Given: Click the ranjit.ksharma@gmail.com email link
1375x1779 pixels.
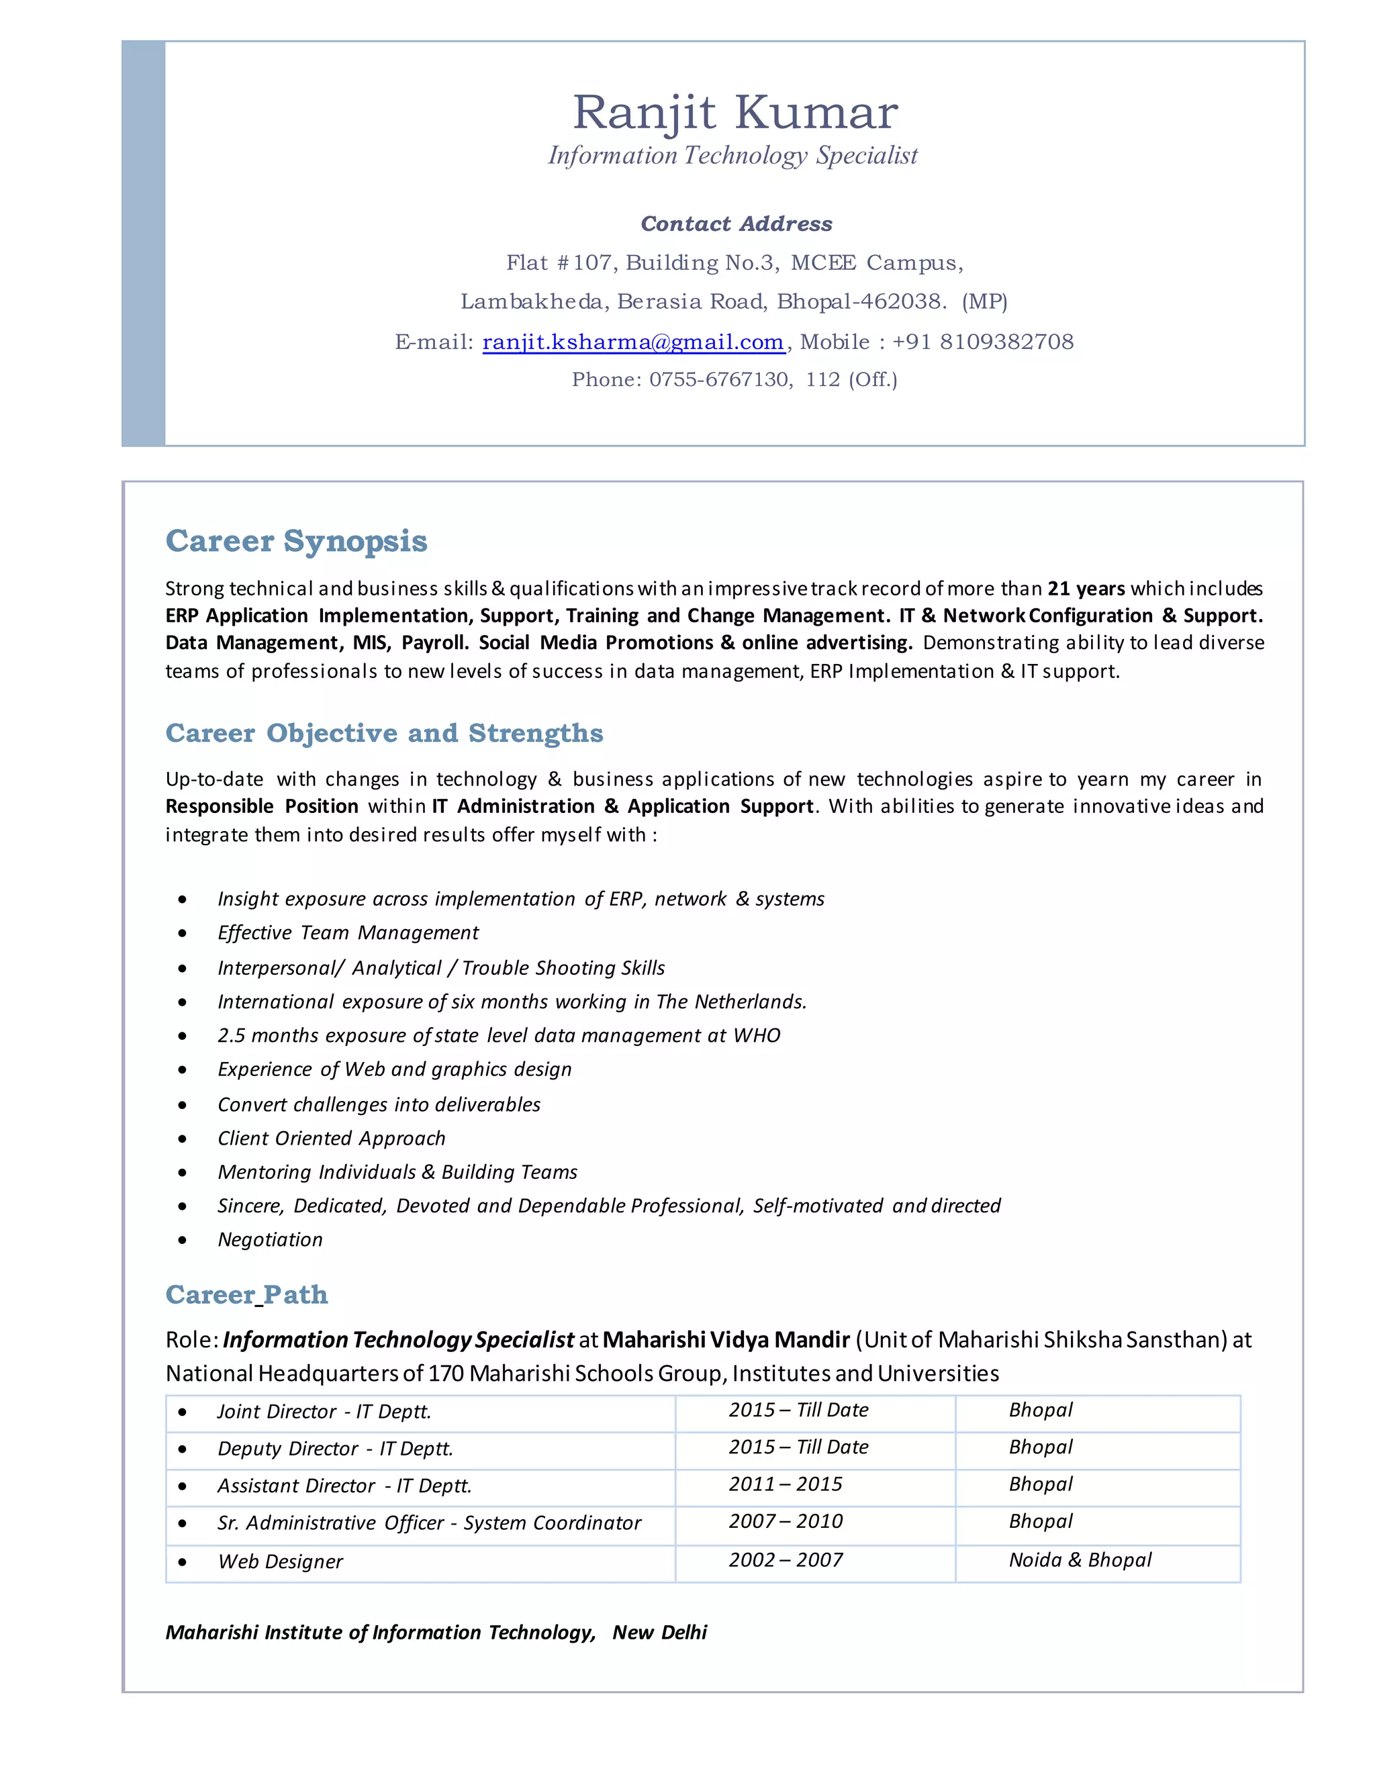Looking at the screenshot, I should tap(633, 342).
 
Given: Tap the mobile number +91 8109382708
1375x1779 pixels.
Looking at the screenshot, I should tap(982, 342).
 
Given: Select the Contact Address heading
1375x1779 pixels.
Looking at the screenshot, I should tap(737, 224).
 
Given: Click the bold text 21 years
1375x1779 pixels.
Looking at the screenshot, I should tap(1086, 589).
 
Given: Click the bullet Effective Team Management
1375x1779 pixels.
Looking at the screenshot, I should tap(348, 932).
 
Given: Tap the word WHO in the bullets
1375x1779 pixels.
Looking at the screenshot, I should tap(757, 1035).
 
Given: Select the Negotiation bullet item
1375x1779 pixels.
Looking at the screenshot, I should tap(270, 1240).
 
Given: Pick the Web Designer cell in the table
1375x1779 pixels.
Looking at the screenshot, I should tap(280, 1561).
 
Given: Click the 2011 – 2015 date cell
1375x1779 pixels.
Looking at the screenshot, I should tap(786, 1484).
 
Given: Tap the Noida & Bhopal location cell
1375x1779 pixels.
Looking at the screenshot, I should tap(1080, 1560).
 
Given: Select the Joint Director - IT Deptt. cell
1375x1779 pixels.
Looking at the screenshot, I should tap(324, 1412).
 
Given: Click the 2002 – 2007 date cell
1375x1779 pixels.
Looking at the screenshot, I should tap(786, 1560).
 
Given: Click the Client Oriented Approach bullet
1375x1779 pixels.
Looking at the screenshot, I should tap(332, 1138).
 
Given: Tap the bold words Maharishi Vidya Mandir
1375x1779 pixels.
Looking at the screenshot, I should tap(726, 1340).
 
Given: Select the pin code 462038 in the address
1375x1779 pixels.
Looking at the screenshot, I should tap(901, 302).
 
